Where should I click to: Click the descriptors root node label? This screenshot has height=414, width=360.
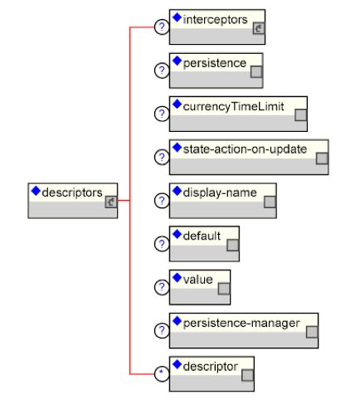coord(72,192)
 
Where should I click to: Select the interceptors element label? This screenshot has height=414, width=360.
coord(215,20)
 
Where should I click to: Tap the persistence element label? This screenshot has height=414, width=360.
coord(215,63)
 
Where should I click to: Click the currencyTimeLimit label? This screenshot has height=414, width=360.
coord(233,106)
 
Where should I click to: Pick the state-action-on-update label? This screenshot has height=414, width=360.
coord(245,149)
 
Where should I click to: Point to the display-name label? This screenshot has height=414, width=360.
coord(220,192)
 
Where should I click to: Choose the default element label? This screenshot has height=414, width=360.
coord(202,236)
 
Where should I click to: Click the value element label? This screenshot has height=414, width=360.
coord(198,280)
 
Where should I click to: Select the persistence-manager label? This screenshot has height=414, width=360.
coord(241,323)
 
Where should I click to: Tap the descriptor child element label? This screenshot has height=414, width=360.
coord(211,367)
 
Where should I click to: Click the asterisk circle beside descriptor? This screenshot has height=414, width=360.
coord(162,374)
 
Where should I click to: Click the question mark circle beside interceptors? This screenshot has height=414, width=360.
coord(162,27)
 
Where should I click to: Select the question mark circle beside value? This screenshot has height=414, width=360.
coord(162,287)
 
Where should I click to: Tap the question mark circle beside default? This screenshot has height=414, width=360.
coord(162,244)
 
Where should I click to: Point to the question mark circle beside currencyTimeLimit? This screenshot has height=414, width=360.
coord(162,114)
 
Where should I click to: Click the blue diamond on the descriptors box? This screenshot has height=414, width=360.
coord(36,191)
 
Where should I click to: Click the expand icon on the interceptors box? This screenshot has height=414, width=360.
coord(259,28)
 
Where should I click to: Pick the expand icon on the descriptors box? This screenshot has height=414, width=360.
coord(111,202)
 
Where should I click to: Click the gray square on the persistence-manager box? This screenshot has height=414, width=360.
coord(312,332)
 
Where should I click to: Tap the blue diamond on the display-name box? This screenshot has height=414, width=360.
coord(177,191)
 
